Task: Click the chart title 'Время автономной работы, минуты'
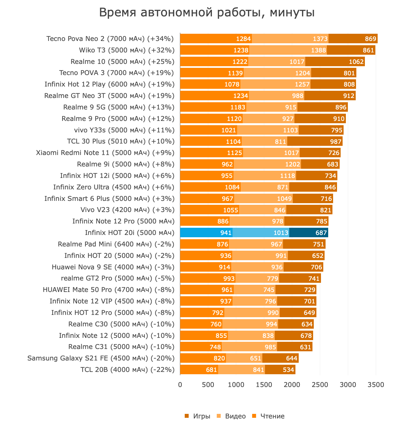click(207, 13)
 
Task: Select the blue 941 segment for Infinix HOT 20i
click(206, 233)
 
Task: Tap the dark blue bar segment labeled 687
click(309, 233)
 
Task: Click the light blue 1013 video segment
click(261, 233)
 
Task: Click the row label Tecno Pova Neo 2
click(110, 39)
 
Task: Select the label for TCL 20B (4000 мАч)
click(127, 370)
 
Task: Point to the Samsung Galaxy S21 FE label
click(101, 358)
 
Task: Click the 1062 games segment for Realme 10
click(335, 62)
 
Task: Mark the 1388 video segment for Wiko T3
click(288, 50)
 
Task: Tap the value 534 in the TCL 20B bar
click(288, 370)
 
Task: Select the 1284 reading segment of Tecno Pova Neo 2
click(216, 39)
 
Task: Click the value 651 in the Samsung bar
click(255, 358)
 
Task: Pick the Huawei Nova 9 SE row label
click(113, 267)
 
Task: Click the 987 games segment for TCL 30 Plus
click(315, 142)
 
